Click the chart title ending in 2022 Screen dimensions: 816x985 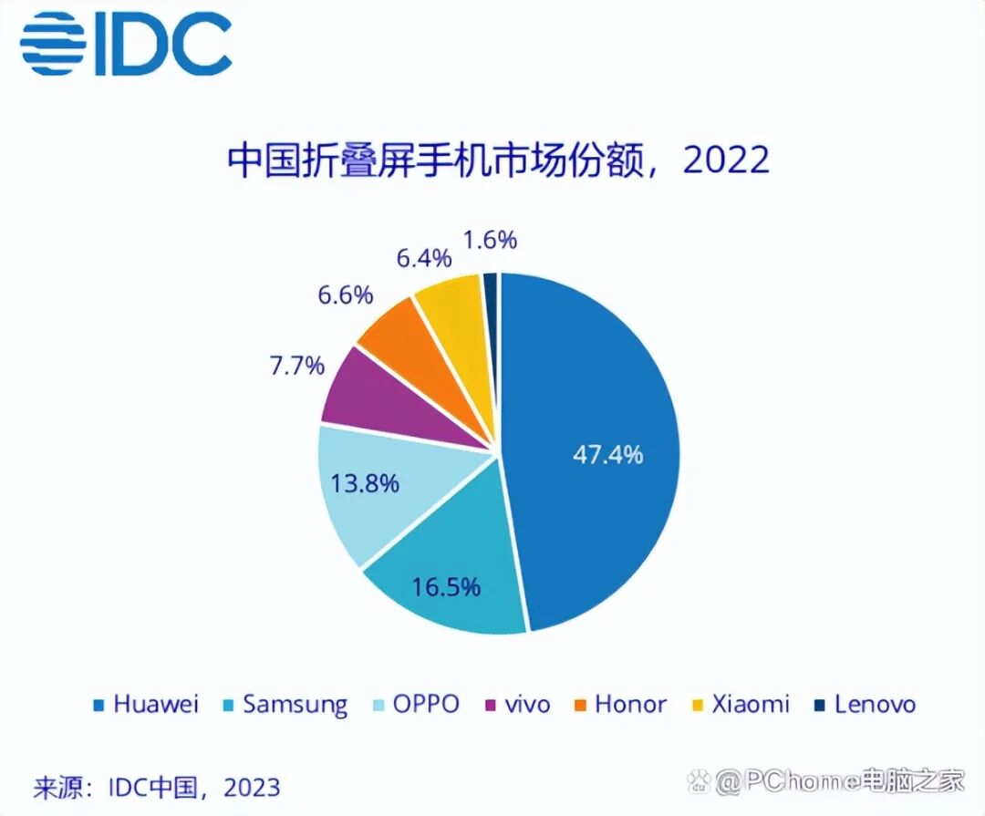(498, 160)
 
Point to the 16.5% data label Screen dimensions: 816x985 (446, 587)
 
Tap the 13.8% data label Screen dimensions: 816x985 (364, 483)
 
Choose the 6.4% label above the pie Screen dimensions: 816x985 (423, 258)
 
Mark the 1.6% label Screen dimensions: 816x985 (490, 240)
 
